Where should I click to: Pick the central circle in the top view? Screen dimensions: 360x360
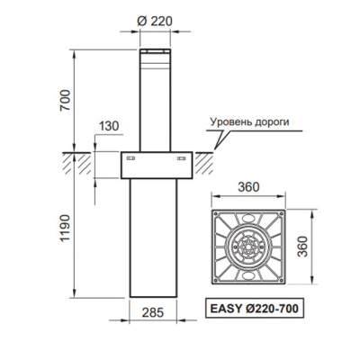(248, 246)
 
